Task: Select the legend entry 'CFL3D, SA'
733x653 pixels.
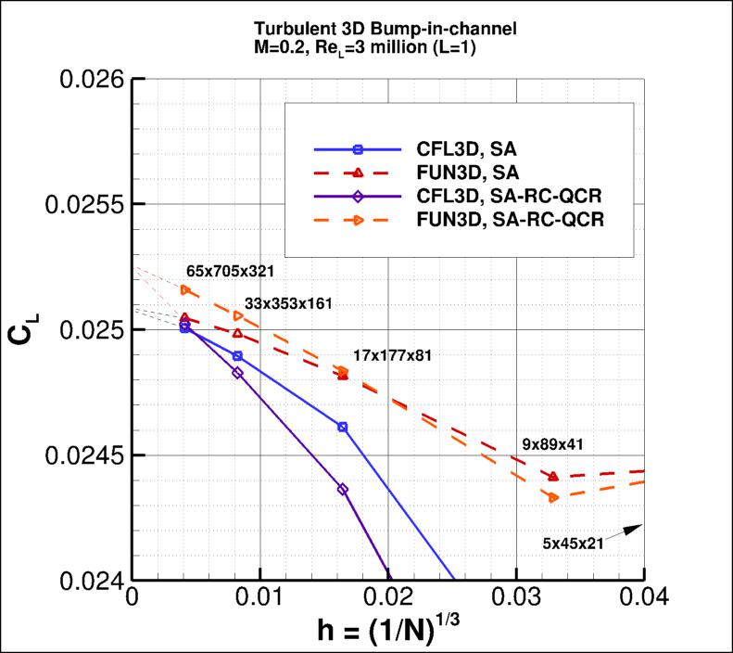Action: pyautogui.click(x=440, y=149)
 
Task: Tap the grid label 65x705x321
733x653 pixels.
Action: pyautogui.click(x=230, y=271)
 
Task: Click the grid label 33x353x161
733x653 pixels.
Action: pyautogui.click(x=288, y=303)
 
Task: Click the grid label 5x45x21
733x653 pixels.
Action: pyautogui.click(x=573, y=544)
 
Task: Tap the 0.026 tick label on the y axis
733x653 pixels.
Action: pyautogui.click(x=95, y=80)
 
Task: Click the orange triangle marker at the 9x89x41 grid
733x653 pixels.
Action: pyautogui.click(x=554, y=497)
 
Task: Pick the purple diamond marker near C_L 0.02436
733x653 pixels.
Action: pyautogui.click(x=343, y=489)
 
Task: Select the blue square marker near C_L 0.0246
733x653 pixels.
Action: pyautogui.click(x=343, y=427)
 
